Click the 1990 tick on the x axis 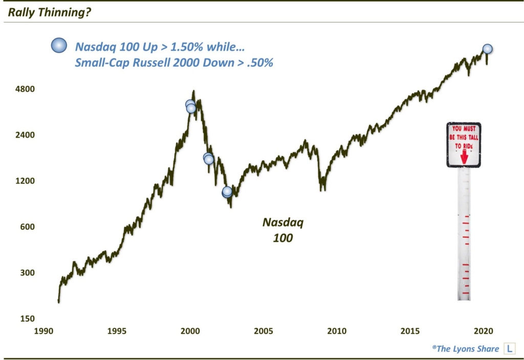[x=43, y=330]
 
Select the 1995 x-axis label [x=117, y=330]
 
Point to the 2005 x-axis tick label [x=264, y=330]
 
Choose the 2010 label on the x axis [x=337, y=330]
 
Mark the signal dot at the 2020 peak [x=487, y=49]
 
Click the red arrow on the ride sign [x=464, y=157]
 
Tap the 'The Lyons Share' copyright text [x=465, y=349]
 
